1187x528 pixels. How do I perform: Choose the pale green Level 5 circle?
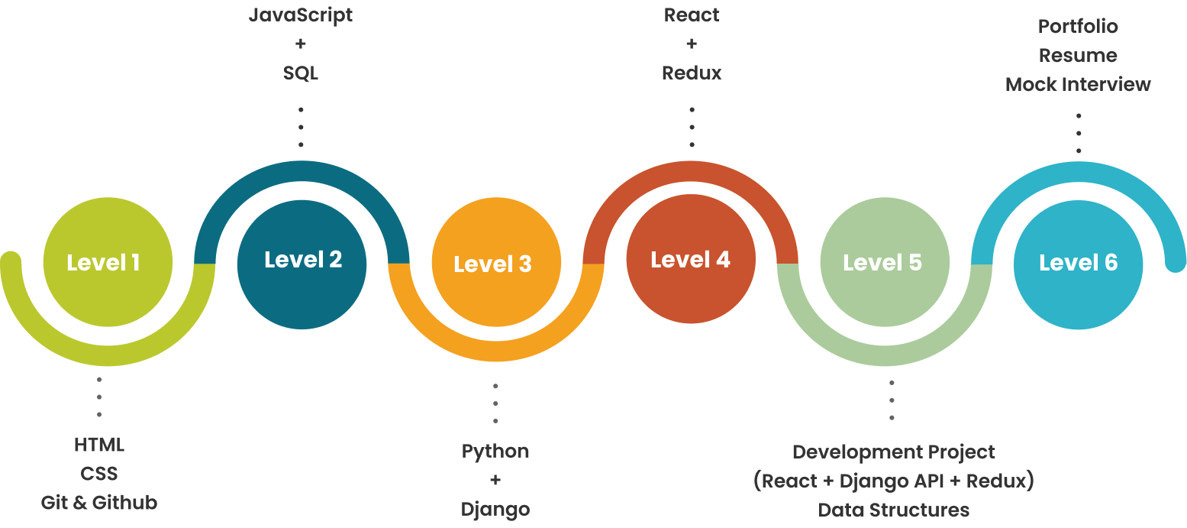click(x=884, y=262)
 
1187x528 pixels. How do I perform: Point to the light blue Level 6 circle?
click(x=1078, y=264)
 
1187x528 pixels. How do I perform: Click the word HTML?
click(x=99, y=445)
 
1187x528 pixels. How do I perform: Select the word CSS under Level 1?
click(x=99, y=474)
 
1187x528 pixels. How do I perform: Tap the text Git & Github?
click(x=99, y=503)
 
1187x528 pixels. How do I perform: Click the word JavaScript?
click(x=301, y=15)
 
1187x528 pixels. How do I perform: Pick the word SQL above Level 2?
click(x=301, y=73)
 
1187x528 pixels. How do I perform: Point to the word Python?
click(x=495, y=451)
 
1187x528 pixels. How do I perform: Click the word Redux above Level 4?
click(x=692, y=73)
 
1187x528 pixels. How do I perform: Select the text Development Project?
click(x=894, y=452)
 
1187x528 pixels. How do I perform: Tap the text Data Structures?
click(x=894, y=510)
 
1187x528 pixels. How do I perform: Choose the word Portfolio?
click(x=1078, y=27)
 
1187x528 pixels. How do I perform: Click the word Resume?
click(x=1078, y=56)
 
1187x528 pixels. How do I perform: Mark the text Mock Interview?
click(x=1078, y=85)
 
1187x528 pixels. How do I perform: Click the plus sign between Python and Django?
click(x=495, y=480)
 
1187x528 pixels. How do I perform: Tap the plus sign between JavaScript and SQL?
click(x=301, y=44)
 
